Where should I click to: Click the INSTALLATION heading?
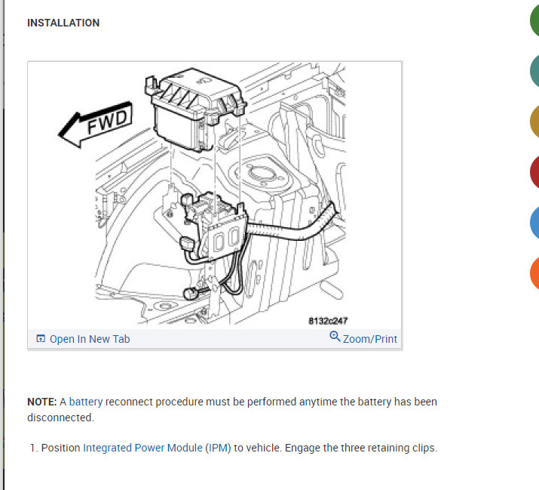click(x=63, y=23)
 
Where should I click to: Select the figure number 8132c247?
click(x=327, y=320)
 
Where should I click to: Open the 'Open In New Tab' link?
click(x=89, y=339)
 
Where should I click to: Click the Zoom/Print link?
click(x=369, y=339)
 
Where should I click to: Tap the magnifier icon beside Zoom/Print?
click(x=335, y=337)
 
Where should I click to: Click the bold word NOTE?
click(x=41, y=402)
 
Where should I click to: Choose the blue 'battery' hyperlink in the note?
click(x=85, y=402)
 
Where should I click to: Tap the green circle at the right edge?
click(x=534, y=21)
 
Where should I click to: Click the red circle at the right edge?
click(x=534, y=172)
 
